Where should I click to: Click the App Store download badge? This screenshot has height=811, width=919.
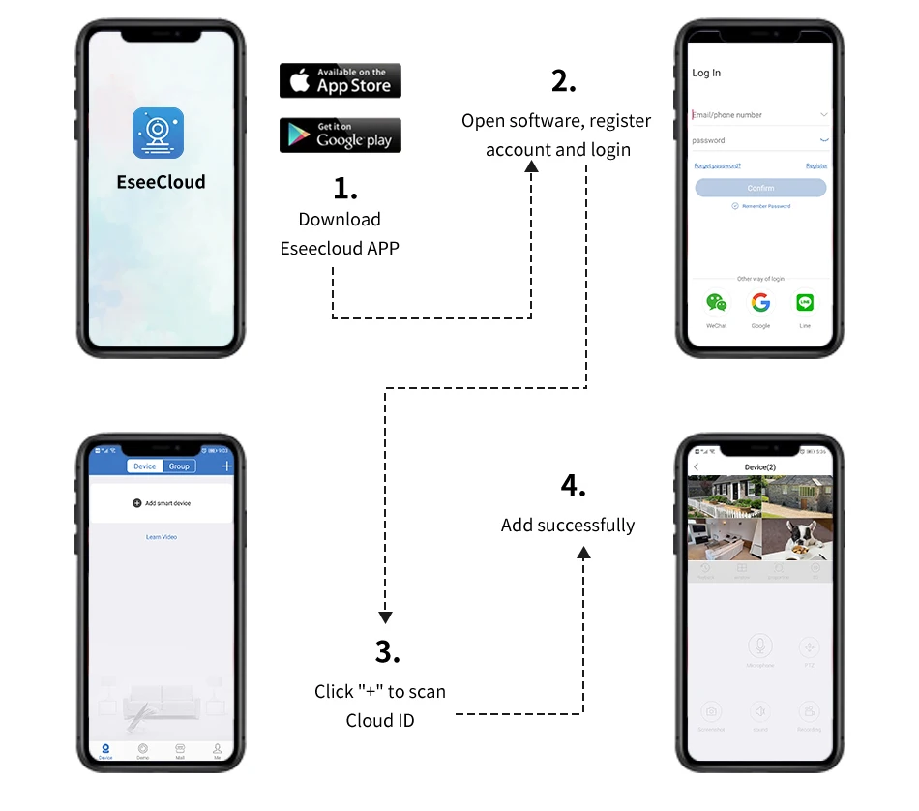[x=340, y=80]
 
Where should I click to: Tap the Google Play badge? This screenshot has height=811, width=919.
[x=340, y=135]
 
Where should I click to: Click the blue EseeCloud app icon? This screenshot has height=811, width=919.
[x=158, y=134]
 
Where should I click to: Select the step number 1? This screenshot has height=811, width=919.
[x=344, y=187]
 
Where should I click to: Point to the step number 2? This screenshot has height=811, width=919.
[x=563, y=82]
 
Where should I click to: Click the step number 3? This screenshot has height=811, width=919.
[x=387, y=652]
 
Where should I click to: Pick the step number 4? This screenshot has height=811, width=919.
[x=574, y=486]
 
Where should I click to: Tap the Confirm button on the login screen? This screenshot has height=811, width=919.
[x=760, y=188]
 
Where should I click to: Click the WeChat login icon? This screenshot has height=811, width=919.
[x=716, y=303]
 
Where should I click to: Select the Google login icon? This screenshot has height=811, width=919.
[x=760, y=303]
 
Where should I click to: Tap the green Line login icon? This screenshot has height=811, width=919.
[x=805, y=303]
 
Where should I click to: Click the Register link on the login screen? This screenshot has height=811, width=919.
[x=816, y=166]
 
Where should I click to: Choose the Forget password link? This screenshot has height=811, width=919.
[x=718, y=166]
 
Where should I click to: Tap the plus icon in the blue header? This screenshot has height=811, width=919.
[x=227, y=466]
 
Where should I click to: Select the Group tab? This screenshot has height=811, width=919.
[x=179, y=466]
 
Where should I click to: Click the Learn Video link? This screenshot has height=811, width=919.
[x=162, y=537]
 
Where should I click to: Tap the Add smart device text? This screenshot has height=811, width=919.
[x=167, y=503]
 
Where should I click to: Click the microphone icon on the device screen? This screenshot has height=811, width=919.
[x=760, y=646]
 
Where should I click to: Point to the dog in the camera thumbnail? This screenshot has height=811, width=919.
[x=799, y=538]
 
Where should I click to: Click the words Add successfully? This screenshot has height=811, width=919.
[x=568, y=526]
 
